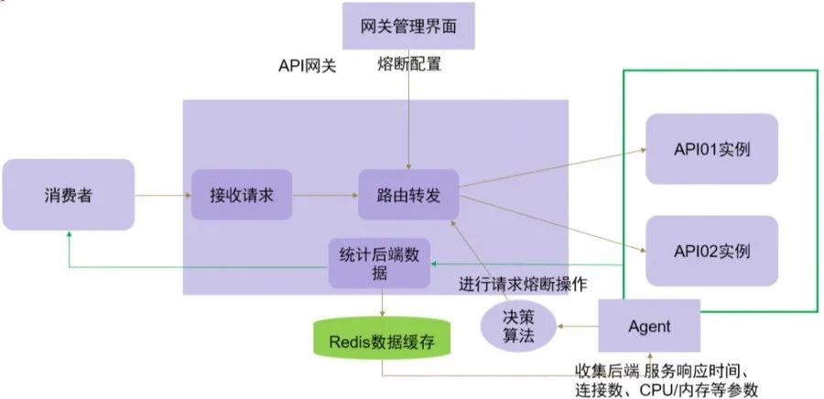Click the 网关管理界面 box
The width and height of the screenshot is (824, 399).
(412, 25)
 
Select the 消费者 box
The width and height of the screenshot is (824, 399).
(68, 195)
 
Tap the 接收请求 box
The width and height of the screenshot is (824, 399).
(242, 194)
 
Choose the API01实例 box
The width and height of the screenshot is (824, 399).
(711, 148)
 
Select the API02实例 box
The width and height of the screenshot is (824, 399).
(711, 250)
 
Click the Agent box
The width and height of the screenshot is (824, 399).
(649, 326)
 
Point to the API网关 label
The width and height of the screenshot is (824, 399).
(307, 66)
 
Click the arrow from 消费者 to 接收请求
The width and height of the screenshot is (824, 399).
(162, 194)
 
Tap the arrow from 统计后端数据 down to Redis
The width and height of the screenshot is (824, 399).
(382, 304)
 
